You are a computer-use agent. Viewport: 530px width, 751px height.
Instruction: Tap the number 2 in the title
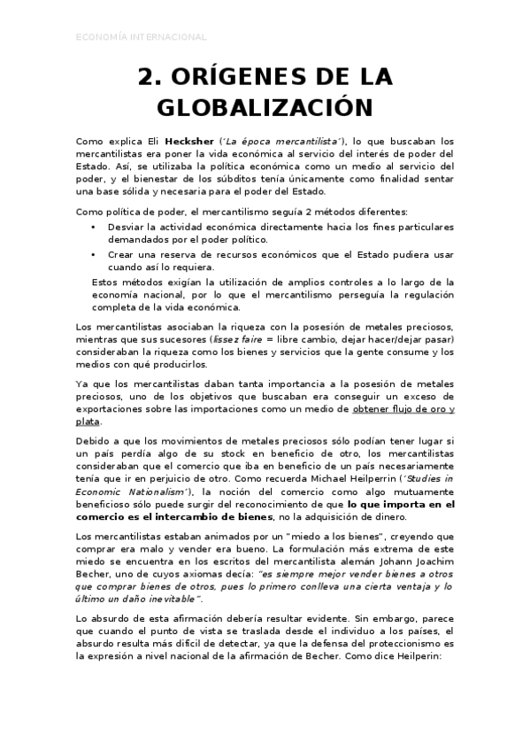pyautogui.click(x=145, y=78)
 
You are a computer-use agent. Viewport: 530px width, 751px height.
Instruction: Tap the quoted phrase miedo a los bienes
pyautogui.click(x=293, y=536)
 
